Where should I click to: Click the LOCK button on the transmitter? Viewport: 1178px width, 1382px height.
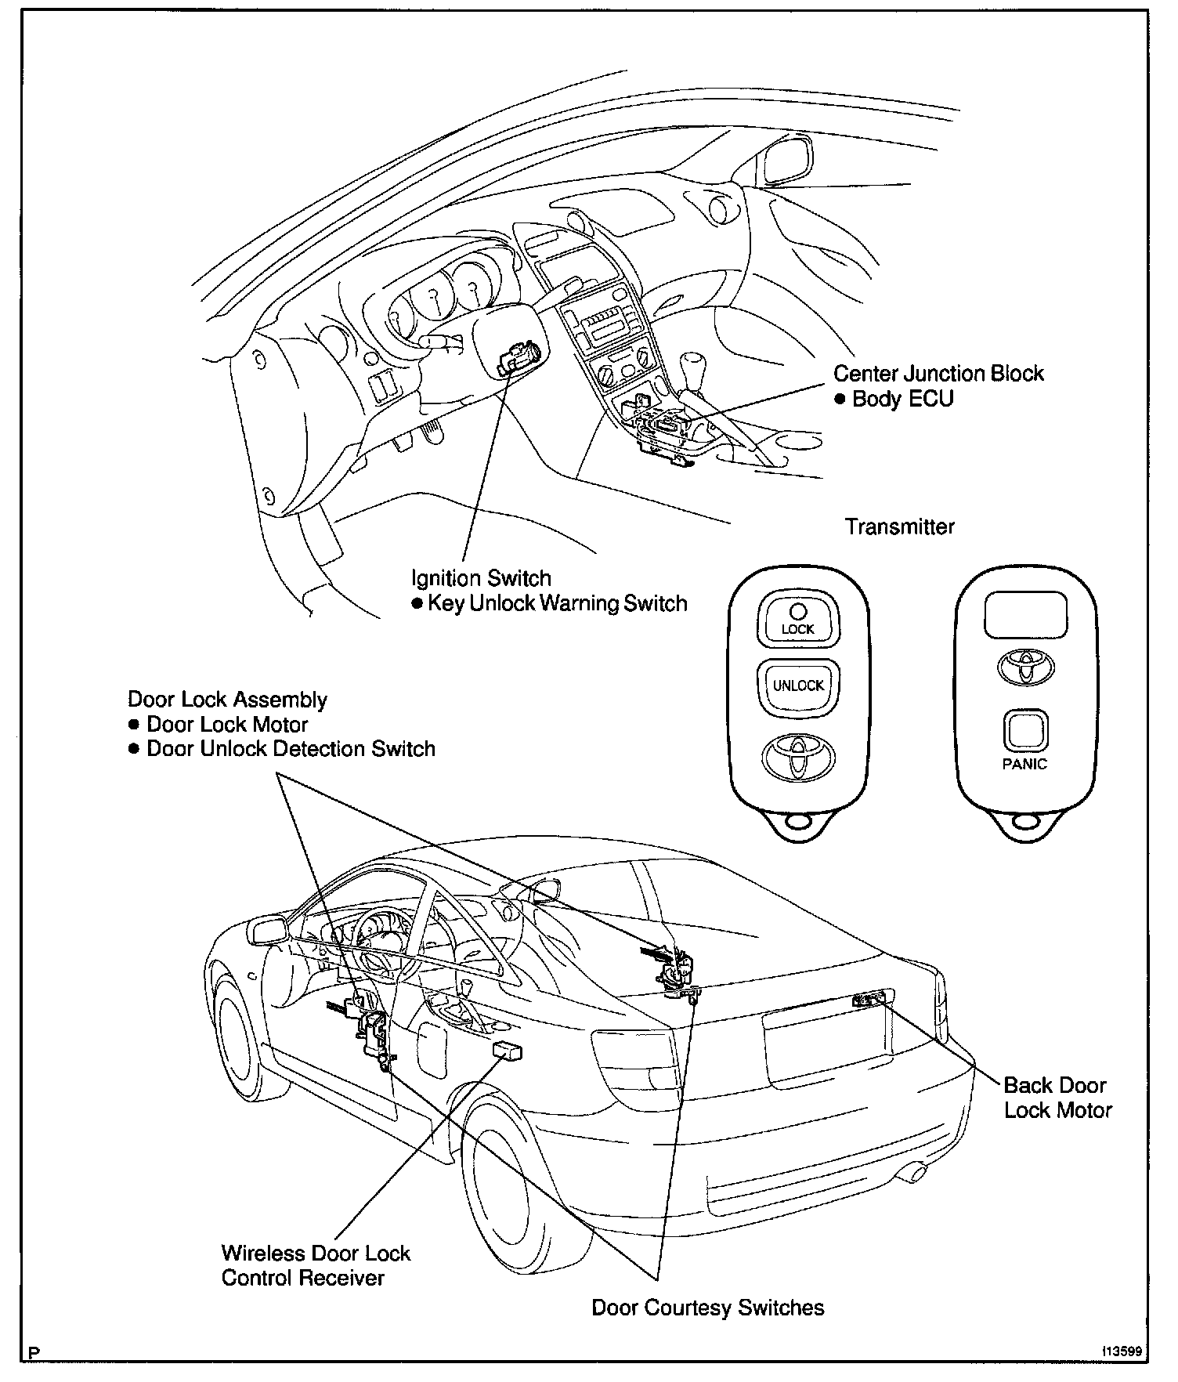[x=797, y=620]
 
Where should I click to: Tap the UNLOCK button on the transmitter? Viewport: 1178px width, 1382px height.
[x=798, y=686]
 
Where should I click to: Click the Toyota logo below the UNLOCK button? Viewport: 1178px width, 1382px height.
[x=798, y=757]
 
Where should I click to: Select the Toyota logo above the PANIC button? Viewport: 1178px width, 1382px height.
[x=1025, y=667]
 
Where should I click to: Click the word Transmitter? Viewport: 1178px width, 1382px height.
[x=899, y=526]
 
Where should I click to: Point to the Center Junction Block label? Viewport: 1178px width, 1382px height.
[x=938, y=373]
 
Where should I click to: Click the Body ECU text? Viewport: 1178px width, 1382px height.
[x=902, y=399]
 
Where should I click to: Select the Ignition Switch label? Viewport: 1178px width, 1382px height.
[x=481, y=578]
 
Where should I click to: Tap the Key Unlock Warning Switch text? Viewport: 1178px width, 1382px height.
[x=557, y=603]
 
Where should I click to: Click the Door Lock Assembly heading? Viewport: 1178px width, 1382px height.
[x=227, y=699]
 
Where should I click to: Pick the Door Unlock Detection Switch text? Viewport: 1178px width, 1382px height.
[x=291, y=749]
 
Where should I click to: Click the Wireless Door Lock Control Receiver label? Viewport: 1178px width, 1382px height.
[x=315, y=1265]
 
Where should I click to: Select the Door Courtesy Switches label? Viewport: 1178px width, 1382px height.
[x=707, y=1308]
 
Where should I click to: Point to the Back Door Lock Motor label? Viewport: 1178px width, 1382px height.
[x=1057, y=1098]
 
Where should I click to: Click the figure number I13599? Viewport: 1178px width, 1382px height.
[x=1122, y=1351]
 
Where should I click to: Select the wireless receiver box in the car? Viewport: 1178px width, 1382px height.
[x=507, y=1052]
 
